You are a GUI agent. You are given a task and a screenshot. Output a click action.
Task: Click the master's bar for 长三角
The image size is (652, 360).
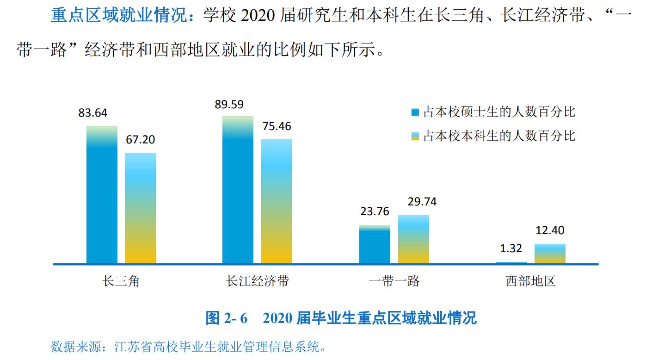point(102,195)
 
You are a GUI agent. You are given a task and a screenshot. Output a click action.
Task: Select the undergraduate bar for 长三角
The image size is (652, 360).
point(141,208)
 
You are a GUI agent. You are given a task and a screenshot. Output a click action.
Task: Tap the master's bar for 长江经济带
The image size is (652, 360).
point(238,190)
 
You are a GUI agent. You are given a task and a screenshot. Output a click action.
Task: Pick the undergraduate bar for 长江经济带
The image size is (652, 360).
point(277,201)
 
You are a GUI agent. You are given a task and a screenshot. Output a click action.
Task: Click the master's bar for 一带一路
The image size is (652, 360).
point(375,244)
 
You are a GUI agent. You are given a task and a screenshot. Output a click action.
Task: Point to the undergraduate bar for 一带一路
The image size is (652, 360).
point(413,239)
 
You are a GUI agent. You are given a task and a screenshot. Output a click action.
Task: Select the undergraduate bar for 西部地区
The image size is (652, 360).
point(550,254)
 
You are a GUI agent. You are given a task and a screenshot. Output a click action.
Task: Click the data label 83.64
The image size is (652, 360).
point(92,113)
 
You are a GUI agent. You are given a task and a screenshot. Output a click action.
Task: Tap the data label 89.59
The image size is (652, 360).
point(229,104)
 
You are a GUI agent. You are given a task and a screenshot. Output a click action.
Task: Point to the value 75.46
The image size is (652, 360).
point(276,126)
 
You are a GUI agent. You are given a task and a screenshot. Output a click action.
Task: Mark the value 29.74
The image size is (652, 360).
point(421,202)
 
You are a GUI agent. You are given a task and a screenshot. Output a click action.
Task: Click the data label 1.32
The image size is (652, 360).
point(511,248)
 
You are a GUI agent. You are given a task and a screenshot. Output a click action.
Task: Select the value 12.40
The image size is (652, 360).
point(549,230)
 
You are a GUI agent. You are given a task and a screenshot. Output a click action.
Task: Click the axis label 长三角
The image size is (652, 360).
point(121,281)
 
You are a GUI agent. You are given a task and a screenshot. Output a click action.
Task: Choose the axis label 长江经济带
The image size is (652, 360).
point(257,281)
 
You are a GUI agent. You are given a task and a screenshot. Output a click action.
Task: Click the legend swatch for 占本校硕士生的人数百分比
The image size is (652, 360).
point(415,112)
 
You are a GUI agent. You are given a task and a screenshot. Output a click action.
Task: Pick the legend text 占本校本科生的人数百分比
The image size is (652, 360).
point(499,136)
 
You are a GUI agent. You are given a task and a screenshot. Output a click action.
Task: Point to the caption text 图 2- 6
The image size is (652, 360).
point(227,318)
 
